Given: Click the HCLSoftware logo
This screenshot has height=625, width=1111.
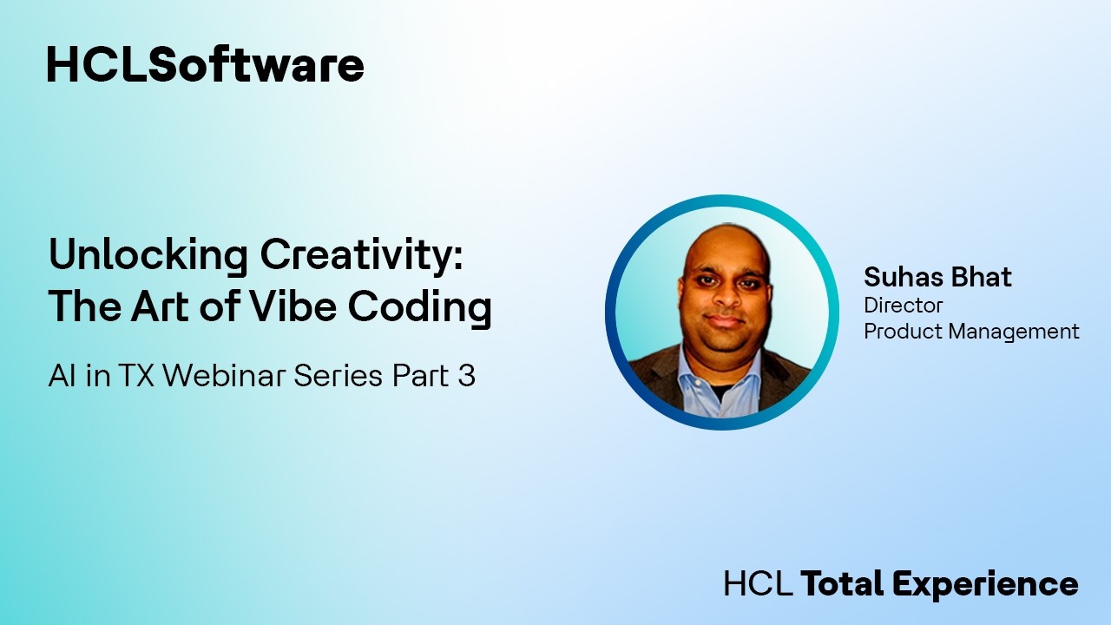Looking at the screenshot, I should click(x=205, y=65).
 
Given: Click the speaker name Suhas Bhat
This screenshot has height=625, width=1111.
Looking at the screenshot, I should click(x=937, y=278).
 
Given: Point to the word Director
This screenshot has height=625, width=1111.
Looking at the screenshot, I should click(x=903, y=306).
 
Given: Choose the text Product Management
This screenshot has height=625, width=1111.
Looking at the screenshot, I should click(x=971, y=331).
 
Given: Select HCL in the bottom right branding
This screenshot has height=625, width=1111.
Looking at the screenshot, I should click(x=758, y=583).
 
